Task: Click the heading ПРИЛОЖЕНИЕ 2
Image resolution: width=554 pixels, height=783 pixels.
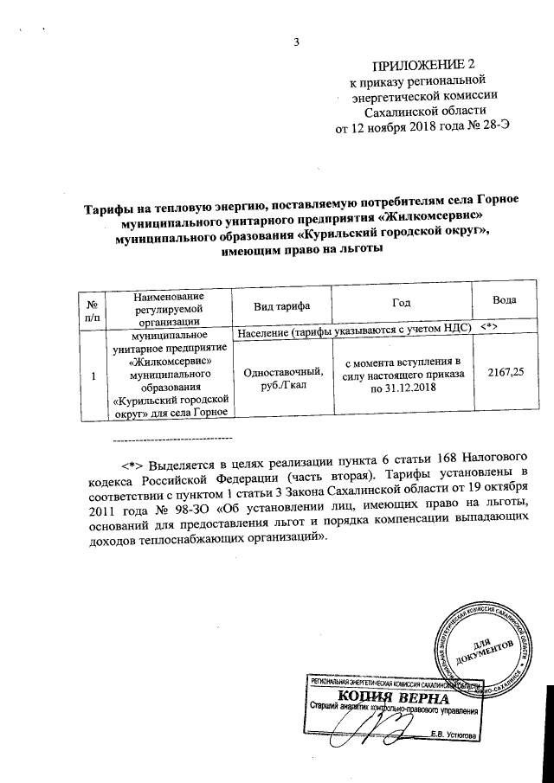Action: point(423,66)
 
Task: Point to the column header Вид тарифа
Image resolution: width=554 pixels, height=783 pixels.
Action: point(280,305)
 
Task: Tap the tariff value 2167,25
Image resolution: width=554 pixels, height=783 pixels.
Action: point(506,371)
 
